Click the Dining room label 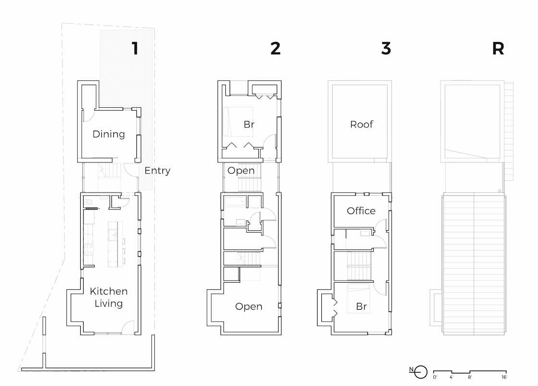tap(109, 134)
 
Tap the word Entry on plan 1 tap(157, 171)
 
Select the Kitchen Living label tap(109, 297)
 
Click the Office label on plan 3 tap(361, 211)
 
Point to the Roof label tap(361, 125)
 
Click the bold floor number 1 tap(135, 49)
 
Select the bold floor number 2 tap(275, 49)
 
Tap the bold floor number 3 tap(386, 49)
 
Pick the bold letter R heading tap(498, 49)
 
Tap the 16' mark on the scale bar tap(503, 377)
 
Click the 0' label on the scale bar tap(435, 377)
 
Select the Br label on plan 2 tap(248, 125)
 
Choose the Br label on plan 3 tap(361, 306)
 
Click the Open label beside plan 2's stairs tap(241, 171)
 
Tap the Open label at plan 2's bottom tap(248, 306)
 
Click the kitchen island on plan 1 tap(115, 244)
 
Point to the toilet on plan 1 tap(88, 201)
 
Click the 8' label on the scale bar tap(469, 377)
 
